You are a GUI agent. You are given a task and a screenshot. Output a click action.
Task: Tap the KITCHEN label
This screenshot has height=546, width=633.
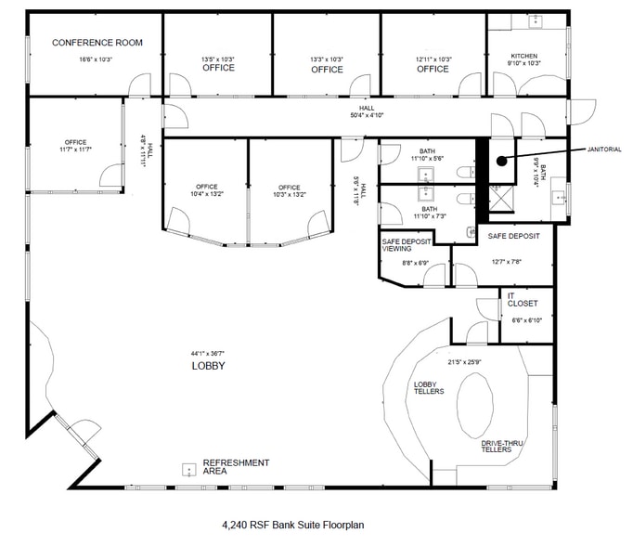(523, 57)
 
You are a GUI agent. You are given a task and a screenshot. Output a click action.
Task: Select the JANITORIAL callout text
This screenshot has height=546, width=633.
(603, 149)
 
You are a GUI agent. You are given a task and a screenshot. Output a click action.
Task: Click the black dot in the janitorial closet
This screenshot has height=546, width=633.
(501, 161)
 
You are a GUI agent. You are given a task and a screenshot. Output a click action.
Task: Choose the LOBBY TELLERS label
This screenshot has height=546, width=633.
(428, 387)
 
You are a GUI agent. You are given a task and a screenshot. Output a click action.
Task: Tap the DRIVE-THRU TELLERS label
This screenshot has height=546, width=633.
(502, 448)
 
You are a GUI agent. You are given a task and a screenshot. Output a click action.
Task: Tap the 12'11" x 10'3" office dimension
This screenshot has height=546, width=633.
(433, 59)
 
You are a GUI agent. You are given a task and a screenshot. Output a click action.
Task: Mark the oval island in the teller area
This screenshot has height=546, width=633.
(477, 404)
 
